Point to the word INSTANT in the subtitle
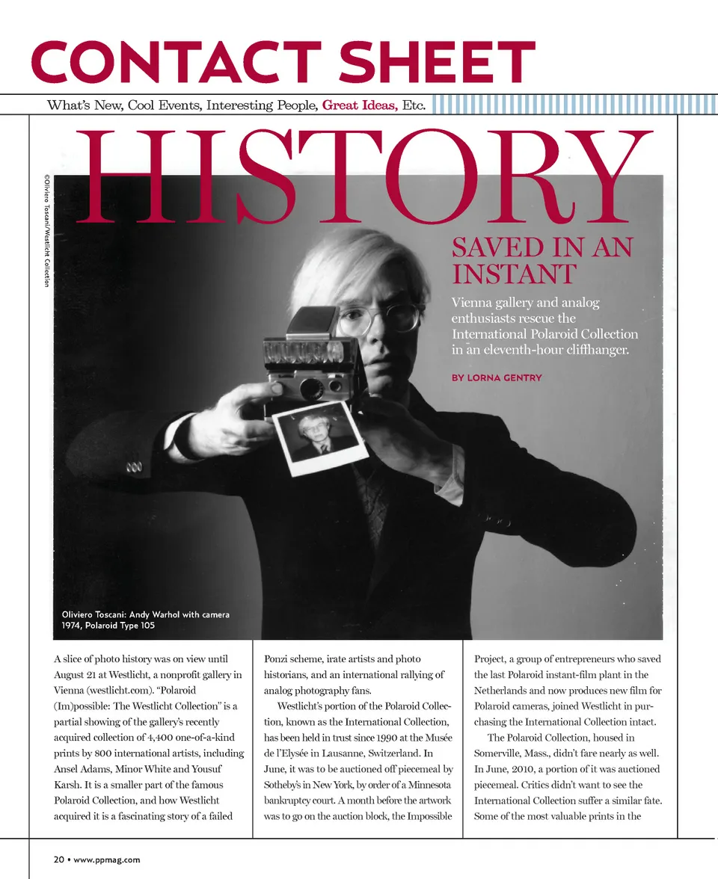click(514, 274)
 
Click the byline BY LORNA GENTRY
click(496, 377)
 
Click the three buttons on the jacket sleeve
click(135, 469)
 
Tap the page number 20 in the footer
click(58, 860)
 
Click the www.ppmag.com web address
click(106, 860)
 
